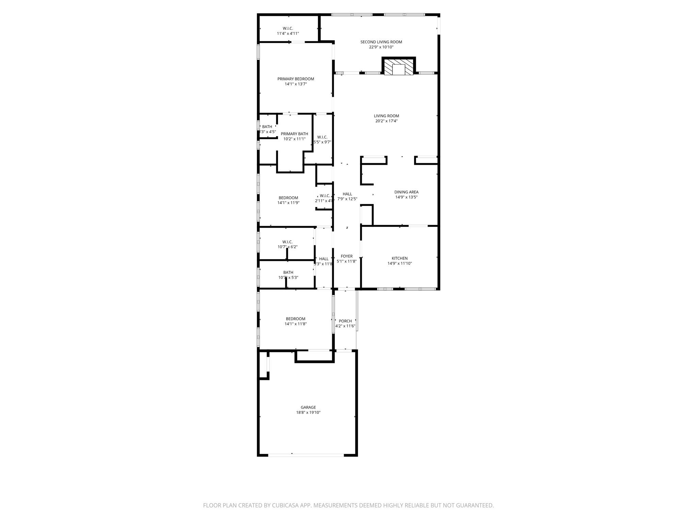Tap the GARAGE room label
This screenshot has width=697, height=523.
tap(308, 407)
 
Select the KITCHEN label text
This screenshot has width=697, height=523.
tap(400, 258)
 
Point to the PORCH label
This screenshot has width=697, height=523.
tap(345, 321)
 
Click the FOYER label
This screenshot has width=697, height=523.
tap(346, 256)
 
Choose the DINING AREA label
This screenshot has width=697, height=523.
tap(406, 192)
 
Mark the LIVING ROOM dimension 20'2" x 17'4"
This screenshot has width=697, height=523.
tap(386, 121)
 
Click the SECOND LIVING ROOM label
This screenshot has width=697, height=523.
tap(381, 42)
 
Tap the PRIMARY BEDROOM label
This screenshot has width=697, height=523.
tap(295, 79)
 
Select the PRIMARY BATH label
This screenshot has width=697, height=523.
tap(294, 134)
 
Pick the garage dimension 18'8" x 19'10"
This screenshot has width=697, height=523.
tap(308, 412)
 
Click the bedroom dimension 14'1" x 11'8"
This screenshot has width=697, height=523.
tap(295, 324)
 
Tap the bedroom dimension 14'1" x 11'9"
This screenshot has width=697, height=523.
tap(288, 203)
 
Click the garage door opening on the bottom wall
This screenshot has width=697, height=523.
tap(306, 455)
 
